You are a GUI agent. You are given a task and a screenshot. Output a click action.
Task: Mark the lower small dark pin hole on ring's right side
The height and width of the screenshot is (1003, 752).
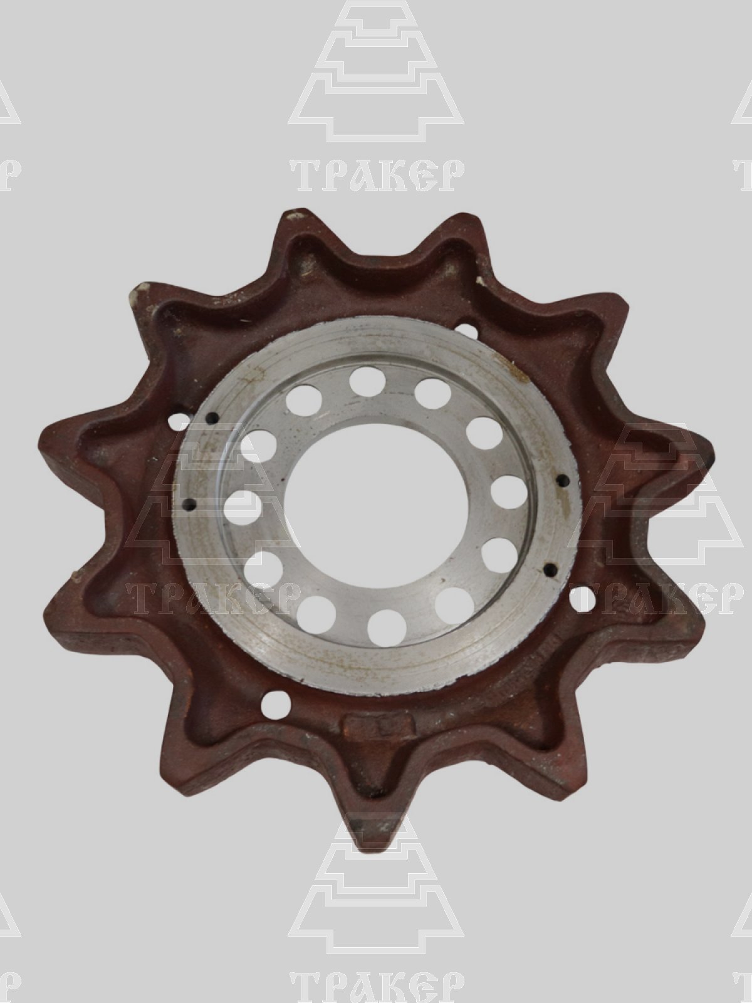(x=551, y=569)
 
